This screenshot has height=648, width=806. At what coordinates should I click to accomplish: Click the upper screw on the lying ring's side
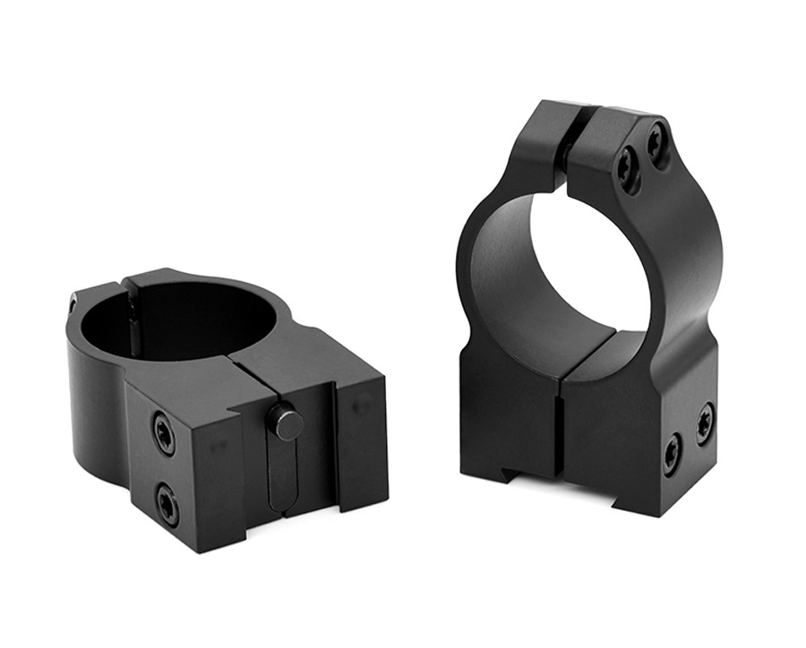tap(165, 433)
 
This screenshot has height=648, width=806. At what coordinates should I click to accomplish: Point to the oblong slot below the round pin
tap(283, 474)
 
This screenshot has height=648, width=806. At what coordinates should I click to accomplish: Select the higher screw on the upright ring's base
tap(705, 422)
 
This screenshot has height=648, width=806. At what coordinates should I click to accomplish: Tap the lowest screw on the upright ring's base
tap(673, 454)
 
